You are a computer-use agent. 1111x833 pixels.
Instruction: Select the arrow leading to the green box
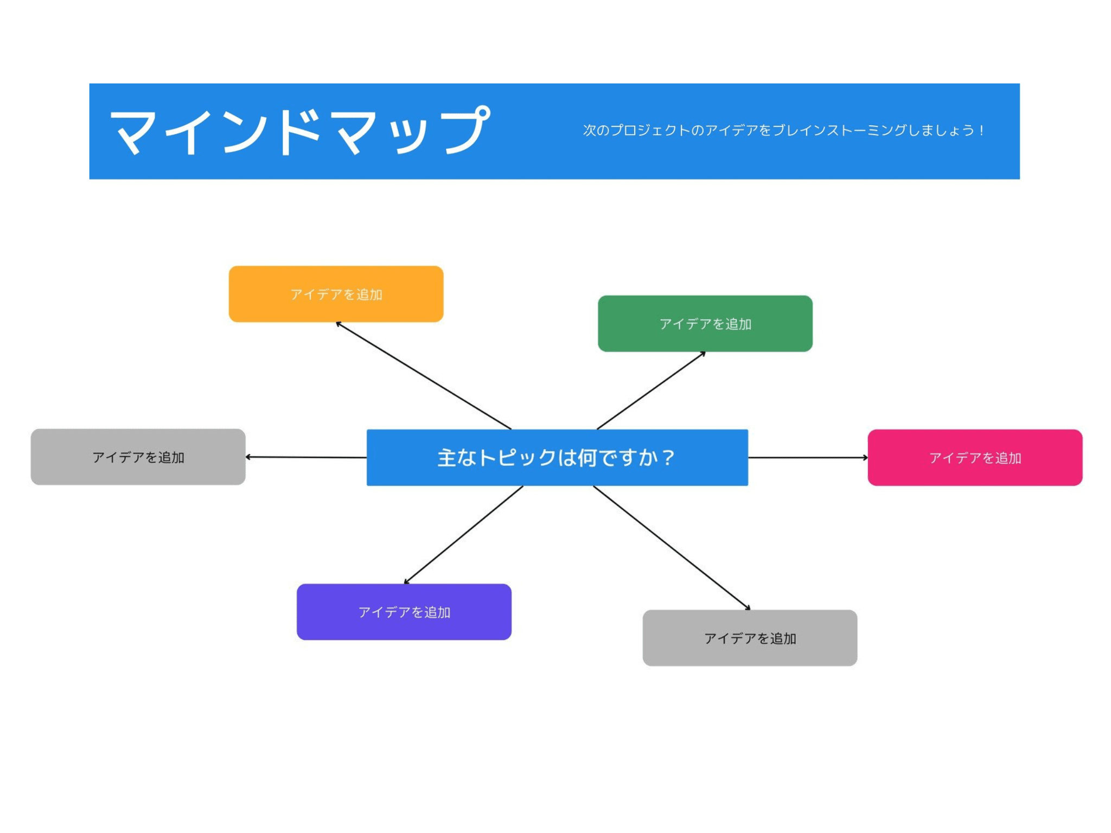tap(651, 390)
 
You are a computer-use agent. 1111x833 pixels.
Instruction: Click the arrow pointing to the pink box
tap(808, 457)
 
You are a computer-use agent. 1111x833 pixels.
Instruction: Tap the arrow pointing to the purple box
tap(464, 534)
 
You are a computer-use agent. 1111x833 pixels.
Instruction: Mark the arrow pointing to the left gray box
tap(306, 457)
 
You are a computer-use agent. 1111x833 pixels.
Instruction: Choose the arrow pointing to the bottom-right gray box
tap(672, 548)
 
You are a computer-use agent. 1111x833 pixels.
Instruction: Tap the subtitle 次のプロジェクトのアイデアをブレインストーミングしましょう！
tap(783, 130)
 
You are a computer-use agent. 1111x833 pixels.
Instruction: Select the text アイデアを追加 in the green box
tap(705, 324)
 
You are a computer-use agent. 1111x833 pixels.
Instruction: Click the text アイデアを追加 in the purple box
tap(404, 612)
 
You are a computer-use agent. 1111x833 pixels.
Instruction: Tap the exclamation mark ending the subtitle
tap(981, 130)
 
